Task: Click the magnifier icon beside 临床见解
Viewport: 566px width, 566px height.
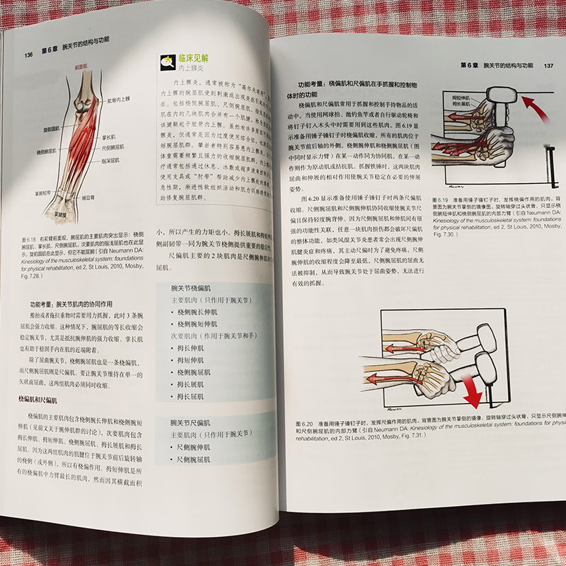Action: point(168,62)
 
